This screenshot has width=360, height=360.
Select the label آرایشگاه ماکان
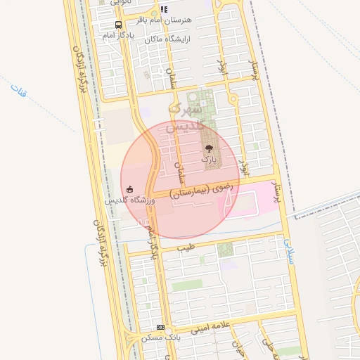coord(169,39)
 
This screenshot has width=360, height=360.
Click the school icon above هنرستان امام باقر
coord(164,10)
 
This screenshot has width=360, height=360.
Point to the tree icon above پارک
coord(209,148)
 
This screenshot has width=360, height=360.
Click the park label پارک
coord(209,160)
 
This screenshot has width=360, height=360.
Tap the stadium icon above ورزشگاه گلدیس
coord(129,189)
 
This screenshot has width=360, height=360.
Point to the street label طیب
coord(186,248)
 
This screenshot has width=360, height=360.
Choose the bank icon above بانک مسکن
coord(161,328)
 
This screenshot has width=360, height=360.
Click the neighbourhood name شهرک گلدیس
coord(187,117)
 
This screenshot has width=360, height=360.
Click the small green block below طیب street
coord(225,249)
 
